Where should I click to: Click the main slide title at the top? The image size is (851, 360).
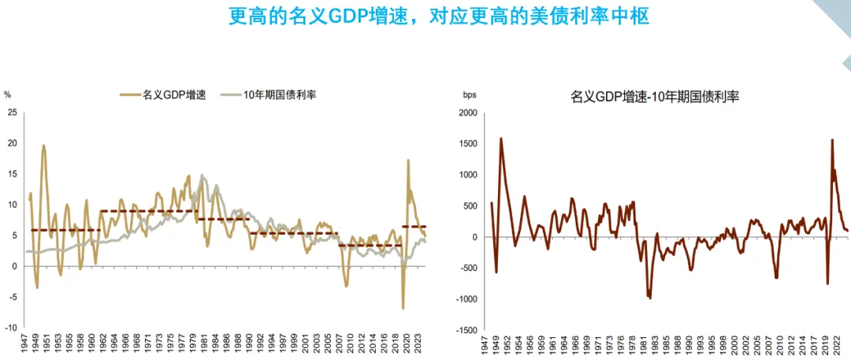[439, 16]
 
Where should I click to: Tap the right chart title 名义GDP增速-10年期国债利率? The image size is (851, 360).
[655, 97]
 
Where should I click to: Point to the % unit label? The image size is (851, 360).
[8, 95]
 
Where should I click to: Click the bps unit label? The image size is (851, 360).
[470, 95]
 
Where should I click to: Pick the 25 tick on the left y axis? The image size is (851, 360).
[11, 113]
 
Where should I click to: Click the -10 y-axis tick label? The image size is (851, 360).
[11, 328]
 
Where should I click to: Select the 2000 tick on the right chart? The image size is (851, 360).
[468, 113]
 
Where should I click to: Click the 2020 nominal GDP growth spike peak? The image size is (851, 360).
[408, 161]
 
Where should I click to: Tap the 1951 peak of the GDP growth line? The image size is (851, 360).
[43, 145]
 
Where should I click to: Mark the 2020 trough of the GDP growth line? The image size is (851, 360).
[403, 308]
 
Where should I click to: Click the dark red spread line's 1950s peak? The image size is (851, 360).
[501, 139]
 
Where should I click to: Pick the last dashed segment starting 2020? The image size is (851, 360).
[414, 227]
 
